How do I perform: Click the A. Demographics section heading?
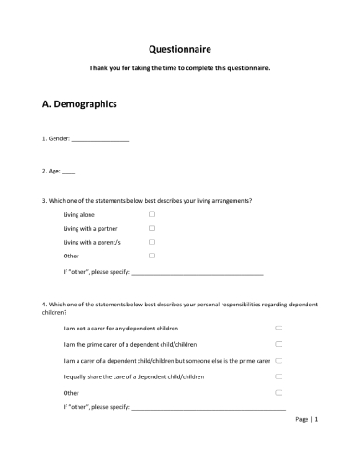point(80,104)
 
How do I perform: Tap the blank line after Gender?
point(101,140)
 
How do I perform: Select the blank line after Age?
point(69,173)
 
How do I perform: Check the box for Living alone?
point(151,214)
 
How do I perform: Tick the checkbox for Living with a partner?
point(151,228)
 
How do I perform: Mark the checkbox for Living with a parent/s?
point(151,242)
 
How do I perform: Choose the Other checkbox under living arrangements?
point(151,256)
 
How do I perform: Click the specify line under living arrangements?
point(198,274)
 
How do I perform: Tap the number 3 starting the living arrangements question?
point(44,200)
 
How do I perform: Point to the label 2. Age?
point(52,172)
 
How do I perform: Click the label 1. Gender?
point(56,139)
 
